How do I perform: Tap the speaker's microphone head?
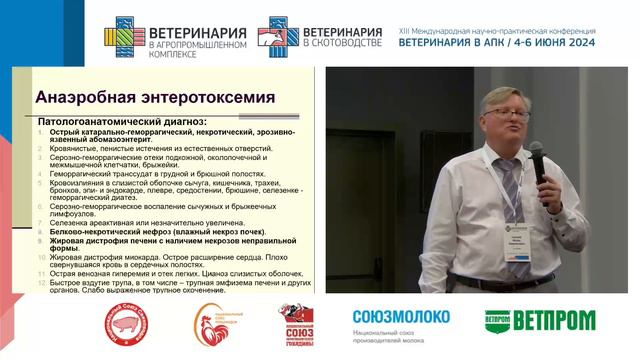(x=536, y=153)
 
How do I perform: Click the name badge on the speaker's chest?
(x=516, y=242)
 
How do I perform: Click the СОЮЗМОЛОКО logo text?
(x=401, y=317)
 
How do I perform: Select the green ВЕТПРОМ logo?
(x=539, y=320)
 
